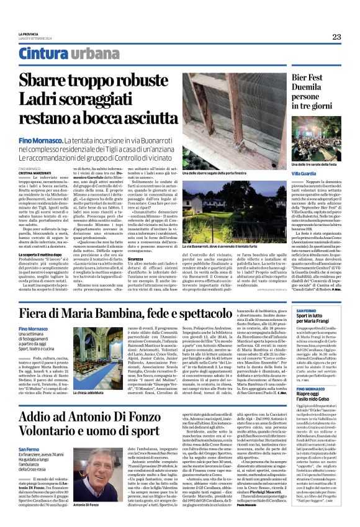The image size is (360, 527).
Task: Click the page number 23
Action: tap(336, 37)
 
